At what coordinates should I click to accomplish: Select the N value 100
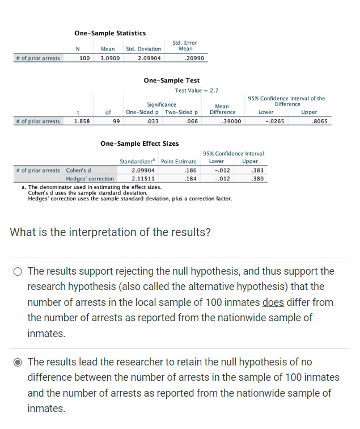tap(84, 58)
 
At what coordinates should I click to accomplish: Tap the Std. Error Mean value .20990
tap(194, 58)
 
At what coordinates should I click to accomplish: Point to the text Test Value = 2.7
tap(197, 90)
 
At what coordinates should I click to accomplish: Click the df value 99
tap(116, 121)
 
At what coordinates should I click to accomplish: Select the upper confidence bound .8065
tap(320, 121)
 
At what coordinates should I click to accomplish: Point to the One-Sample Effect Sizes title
tap(139, 144)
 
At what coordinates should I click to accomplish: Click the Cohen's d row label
tap(79, 170)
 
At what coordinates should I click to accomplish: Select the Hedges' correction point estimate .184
tap(190, 179)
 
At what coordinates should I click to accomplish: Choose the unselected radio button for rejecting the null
tap(18, 271)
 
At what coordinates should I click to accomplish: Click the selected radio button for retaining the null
tap(18, 362)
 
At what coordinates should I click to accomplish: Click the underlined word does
tap(273, 302)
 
